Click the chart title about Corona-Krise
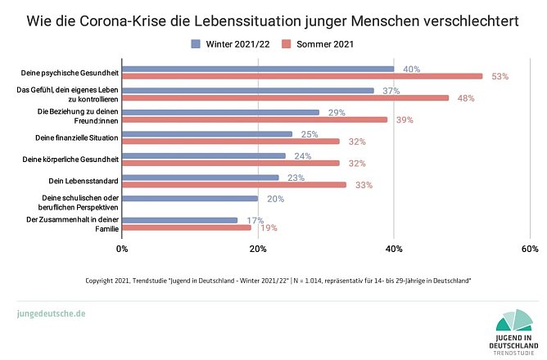[273, 20]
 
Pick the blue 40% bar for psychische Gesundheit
[257, 69]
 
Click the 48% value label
[466, 98]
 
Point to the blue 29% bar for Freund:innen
[220, 112]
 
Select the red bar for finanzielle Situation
[230, 141]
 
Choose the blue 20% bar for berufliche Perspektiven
[190, 198]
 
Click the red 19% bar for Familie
[187, 227]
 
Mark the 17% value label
[255, 220]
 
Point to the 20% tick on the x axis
[258, 248]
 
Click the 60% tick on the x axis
[528, 248]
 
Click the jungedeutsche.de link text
[51, 313]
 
